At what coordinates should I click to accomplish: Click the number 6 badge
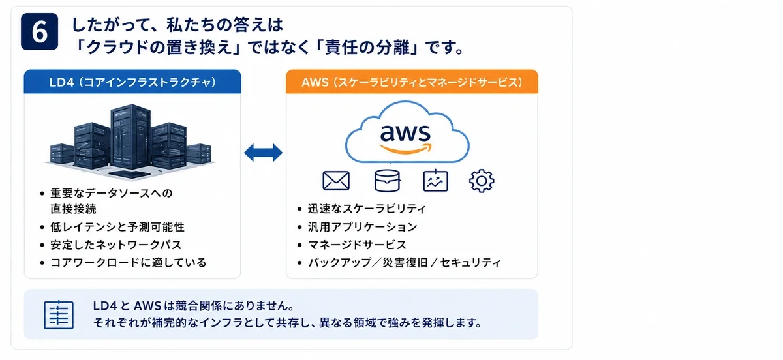pos(40,31)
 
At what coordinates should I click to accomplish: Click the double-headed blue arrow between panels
pos(263,153)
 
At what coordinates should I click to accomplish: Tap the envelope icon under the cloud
pos(336,181)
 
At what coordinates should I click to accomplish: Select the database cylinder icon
pos(387,181)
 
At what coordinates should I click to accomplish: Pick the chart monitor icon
pos(436,181)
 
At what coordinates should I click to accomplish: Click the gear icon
pos(482,181)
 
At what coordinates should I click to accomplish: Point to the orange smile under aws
pos(405,149)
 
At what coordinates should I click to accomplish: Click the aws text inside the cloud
pos(405,132)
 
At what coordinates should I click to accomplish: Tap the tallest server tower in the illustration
pos(130,136)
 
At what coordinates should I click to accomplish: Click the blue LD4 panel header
pos(132,82)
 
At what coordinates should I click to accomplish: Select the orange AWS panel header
pos(412,82)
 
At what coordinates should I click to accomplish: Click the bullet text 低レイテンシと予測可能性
pos(117,227)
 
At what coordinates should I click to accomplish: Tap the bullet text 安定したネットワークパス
pos(115,245)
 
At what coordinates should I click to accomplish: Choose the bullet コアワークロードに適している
pos(129,262)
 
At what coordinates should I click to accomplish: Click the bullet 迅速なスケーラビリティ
pos(367,209)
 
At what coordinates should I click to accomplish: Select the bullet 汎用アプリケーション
pos(363,227)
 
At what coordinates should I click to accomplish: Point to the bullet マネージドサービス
pos(357,245)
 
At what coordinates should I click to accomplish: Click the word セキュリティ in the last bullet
pos(470,262)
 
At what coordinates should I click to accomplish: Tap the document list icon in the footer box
pos(59,314)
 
